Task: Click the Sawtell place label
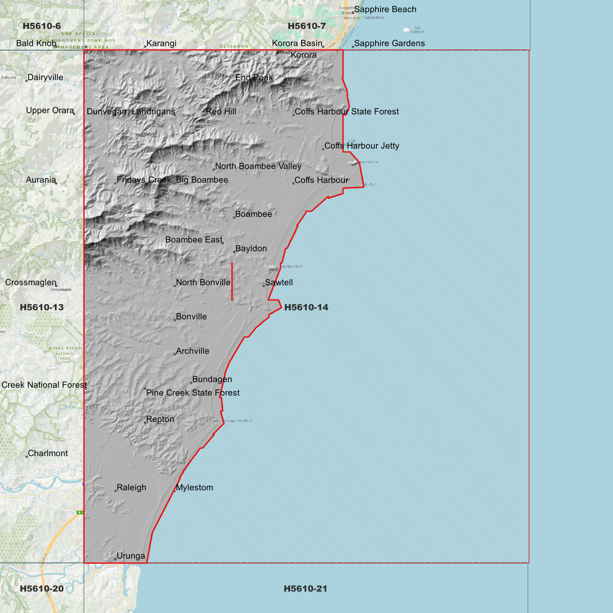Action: [279, 283]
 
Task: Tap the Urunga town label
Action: [131, 556]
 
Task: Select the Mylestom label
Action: [194, 487]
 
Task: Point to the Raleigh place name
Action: [131, 487]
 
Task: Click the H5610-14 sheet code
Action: [306, 307]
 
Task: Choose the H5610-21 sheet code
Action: [305, 588]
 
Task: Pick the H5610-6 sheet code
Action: [42, 26]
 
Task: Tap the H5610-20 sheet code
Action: [42, 588]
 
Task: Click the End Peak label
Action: [254, 78]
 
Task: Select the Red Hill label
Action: [221, 112]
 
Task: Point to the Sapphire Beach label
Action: [385, 9]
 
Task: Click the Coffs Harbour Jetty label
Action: [361, 146]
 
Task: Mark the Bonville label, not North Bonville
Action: [191, 317]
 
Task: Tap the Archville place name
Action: [193, 351]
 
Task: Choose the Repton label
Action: [160, 419]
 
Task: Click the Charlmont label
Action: [48, 453]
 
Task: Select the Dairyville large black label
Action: [45, 78]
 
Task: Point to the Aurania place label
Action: [41, 180]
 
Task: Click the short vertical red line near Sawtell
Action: [232, 282]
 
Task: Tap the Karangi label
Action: [161, 43]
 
